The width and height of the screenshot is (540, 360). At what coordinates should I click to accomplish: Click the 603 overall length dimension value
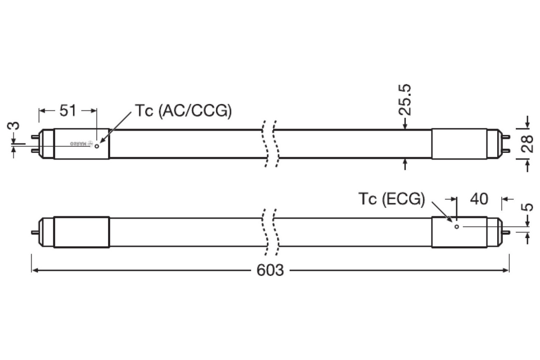270,270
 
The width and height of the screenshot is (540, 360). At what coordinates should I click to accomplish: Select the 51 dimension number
67,111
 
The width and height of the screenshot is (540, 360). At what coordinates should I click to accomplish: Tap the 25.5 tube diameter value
406,100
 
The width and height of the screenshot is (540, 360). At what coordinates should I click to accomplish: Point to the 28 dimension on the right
527,144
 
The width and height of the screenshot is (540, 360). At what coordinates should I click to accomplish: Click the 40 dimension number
479,199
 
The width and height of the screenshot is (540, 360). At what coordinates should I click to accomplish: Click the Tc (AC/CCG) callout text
184,111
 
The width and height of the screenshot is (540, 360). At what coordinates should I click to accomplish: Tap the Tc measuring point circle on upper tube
97,147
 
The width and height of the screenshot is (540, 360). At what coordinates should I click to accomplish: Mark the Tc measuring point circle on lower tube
457,227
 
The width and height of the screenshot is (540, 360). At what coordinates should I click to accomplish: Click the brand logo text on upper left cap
81,144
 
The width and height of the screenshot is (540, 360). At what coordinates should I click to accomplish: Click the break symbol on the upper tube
269,144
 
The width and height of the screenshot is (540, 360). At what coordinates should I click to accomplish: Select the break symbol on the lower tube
269,232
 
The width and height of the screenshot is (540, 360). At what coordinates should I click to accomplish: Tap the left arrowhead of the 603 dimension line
34,270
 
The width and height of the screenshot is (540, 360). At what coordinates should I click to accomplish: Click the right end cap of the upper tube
459,144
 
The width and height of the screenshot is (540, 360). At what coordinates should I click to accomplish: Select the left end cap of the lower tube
81,232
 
